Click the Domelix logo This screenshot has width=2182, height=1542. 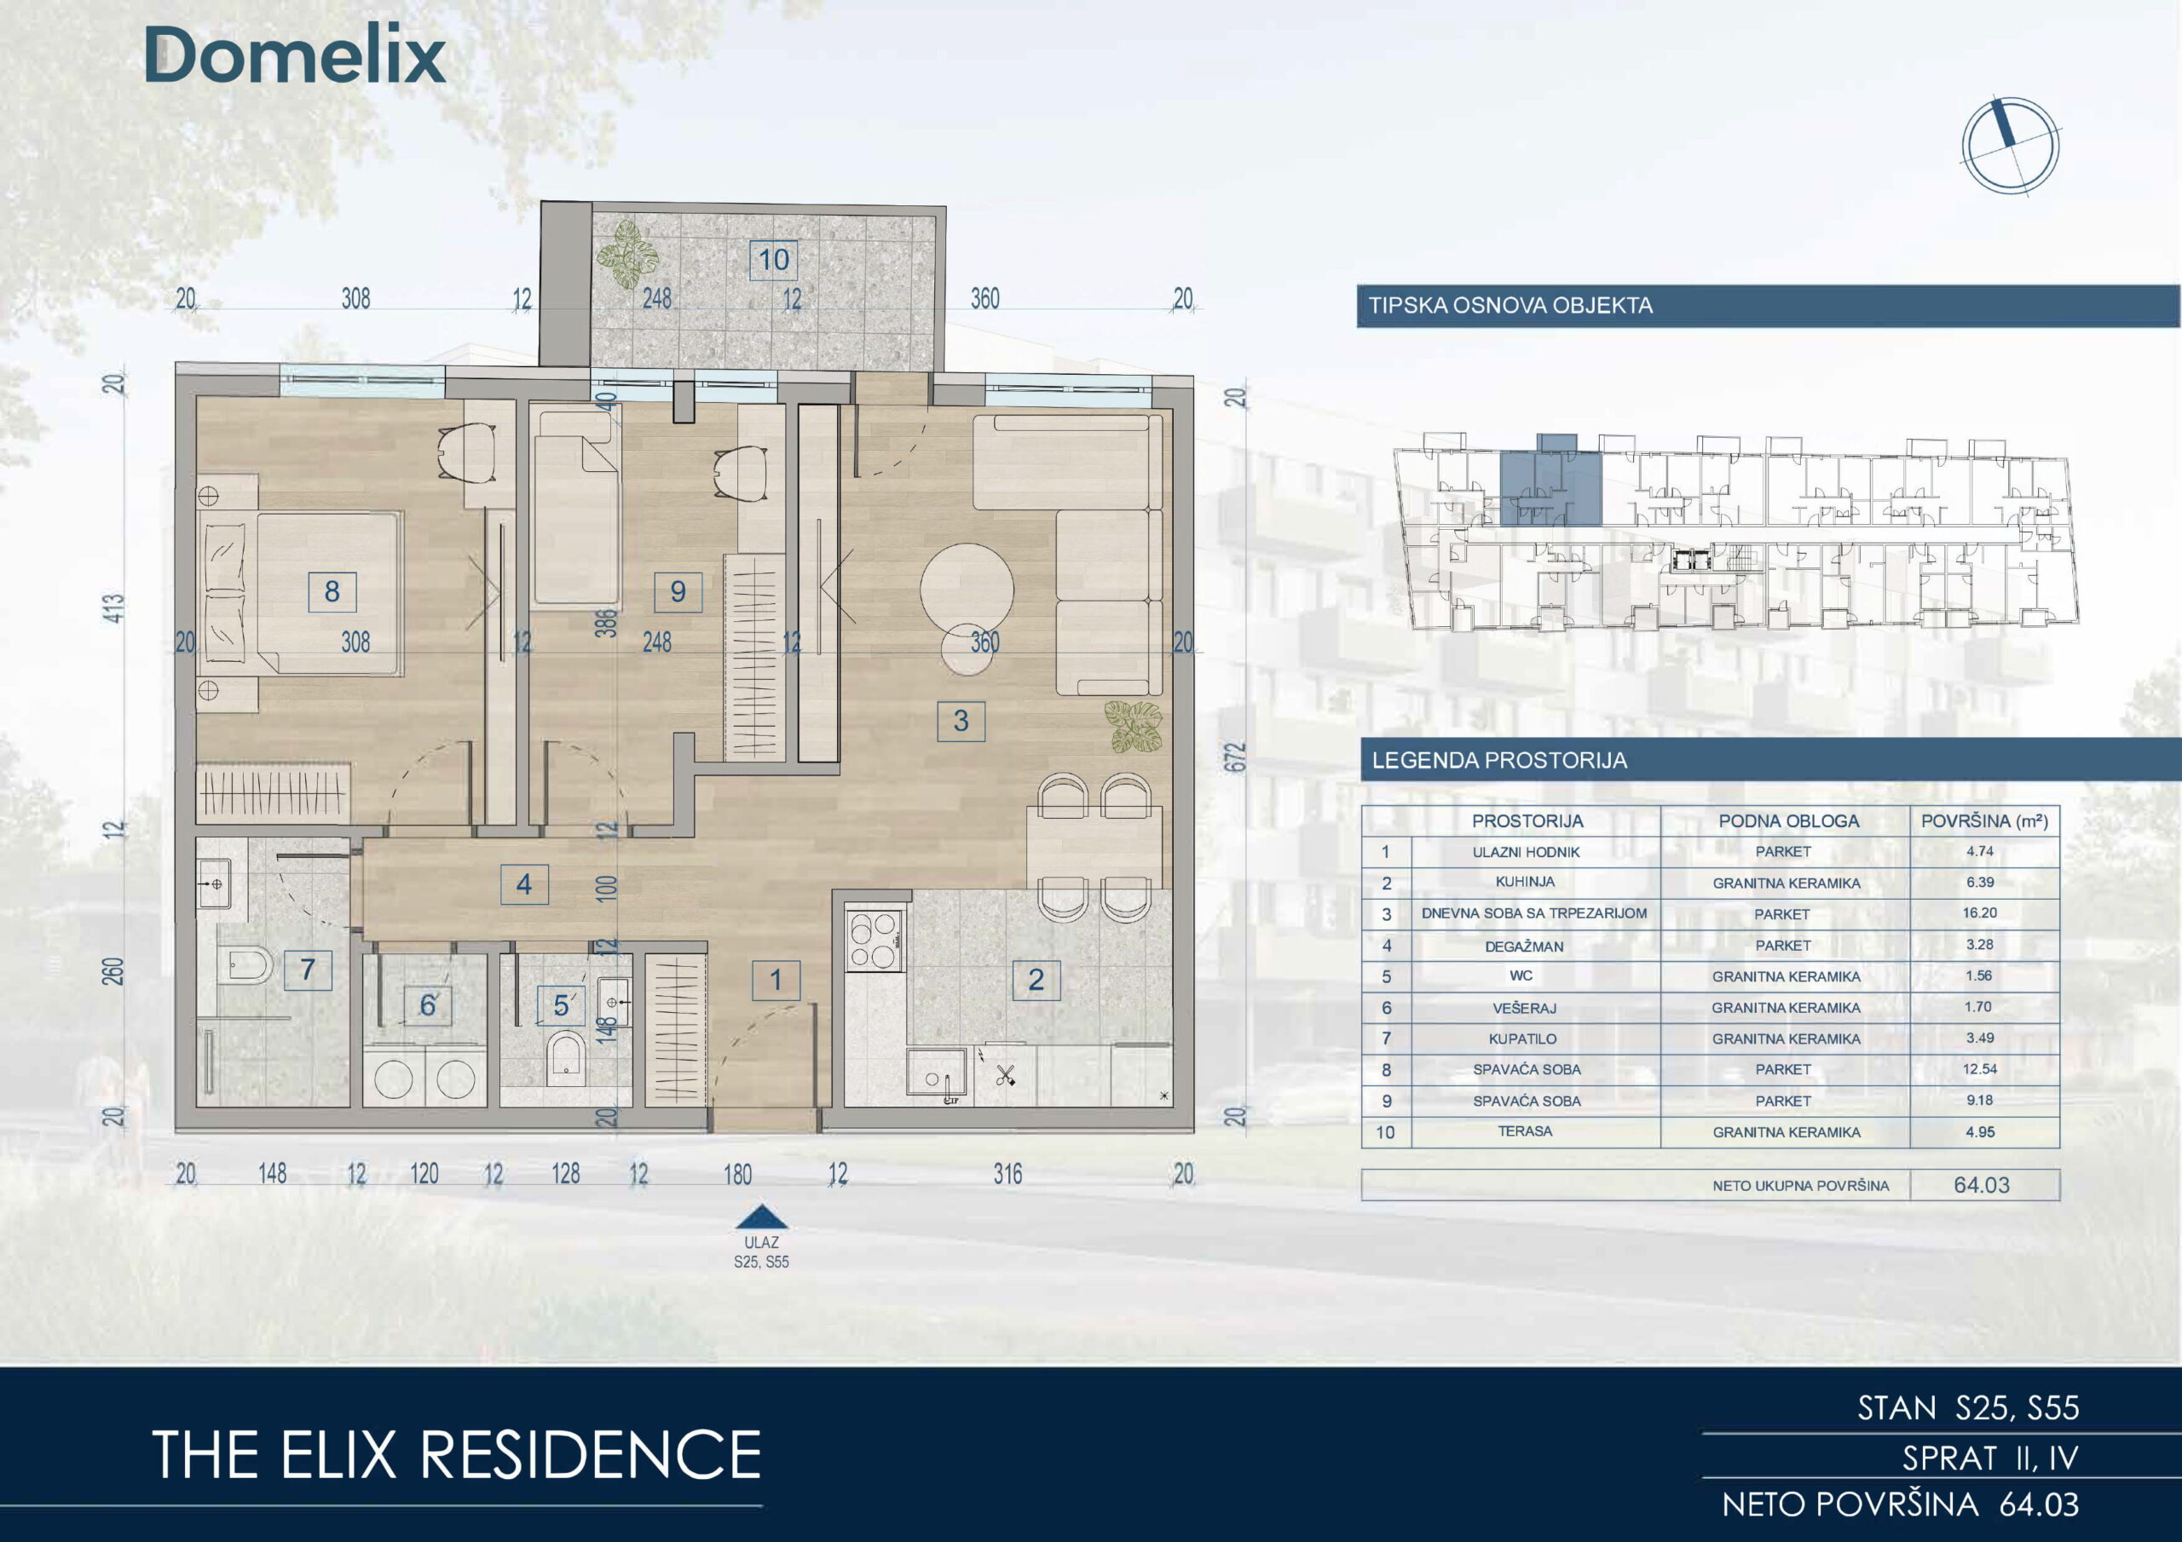click(x=295, y=55)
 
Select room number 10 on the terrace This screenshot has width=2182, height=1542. click(x=774, y=259)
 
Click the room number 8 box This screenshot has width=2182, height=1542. click(x=332, y=592)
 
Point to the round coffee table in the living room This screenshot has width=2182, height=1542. click(x=967, y=588)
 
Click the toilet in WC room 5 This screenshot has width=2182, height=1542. click(x=567, y=1058)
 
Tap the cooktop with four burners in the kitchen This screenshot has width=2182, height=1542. click(x=874, y=940)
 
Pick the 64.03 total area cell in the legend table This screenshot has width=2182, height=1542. click(x=1983, y=1185)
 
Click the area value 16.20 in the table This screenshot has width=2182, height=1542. click(x=1981, y=912)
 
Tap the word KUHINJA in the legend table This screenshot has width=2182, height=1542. click(x=1526, y=882)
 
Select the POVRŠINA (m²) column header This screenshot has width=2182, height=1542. click(x=1984, y=821)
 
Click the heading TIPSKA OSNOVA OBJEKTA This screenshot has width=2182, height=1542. click(x=1510, y=306)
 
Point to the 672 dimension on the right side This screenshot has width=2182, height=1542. click(x=1234, y=757)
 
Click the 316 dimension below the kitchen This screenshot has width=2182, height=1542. click(x=1008, y=1174)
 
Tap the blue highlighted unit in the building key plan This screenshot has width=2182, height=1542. click(x=1550, y=486)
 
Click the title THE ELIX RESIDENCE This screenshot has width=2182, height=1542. click(x=456, y=1454)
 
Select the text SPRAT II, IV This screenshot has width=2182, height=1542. click(x=1991, y=1458)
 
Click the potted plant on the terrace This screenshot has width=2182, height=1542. click(x=627, y=254)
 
